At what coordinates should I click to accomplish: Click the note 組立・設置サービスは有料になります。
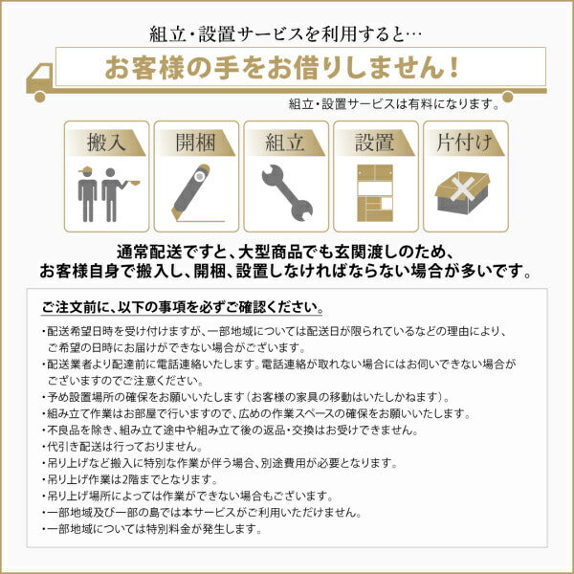point(393,103)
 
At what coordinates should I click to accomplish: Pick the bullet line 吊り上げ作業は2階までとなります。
point(140,478)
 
